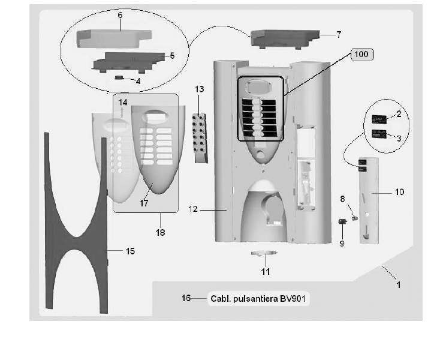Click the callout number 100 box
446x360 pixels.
tap(361, 55)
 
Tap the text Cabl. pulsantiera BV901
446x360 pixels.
tap(260, 298)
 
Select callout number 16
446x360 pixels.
tap(186, 298)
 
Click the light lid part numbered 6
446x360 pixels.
tap(111, 38)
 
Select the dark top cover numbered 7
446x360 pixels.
tap(285, 40)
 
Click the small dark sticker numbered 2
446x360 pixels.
tap(379, 119)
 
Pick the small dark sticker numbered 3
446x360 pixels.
tap(379, 133)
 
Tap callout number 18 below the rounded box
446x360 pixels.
tap(160, 232)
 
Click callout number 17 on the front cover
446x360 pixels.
tap(144, 203)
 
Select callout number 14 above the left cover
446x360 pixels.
tap(123, 103)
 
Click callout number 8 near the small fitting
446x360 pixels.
tap(342, 198)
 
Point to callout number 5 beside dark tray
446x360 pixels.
tap(171, 56)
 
